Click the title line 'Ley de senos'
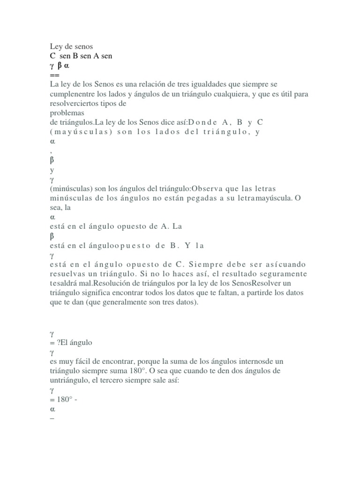71,46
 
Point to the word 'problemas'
67,113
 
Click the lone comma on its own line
50,150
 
